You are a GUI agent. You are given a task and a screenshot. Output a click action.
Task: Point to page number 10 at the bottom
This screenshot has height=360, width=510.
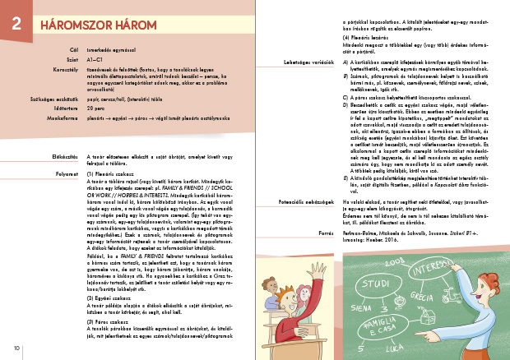coord(16,351)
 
